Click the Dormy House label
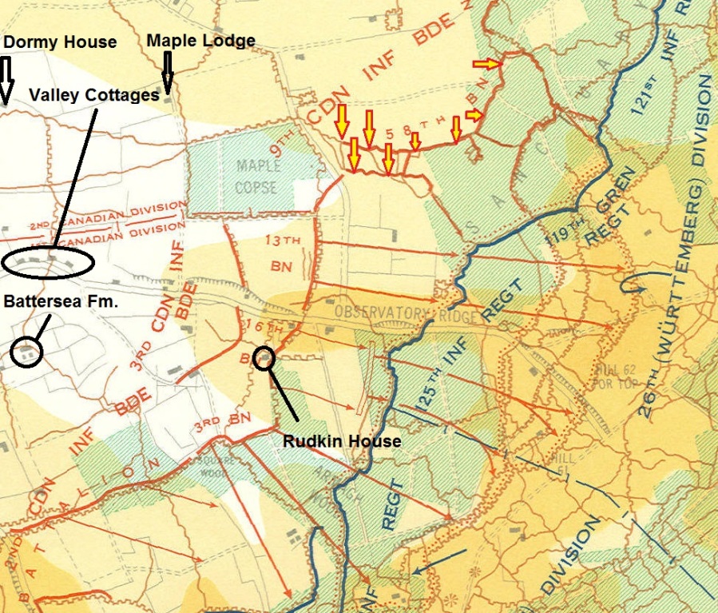[x=59, y=42]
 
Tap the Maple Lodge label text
[x=201, y=40]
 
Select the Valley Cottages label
[x=94, y=95]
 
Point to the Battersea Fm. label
[x=60, y=302]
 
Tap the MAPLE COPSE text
[x=257, y=177]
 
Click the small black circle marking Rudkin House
[x=264, y=358]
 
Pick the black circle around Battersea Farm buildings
[x=27, y=352]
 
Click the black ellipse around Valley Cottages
[x=48, y=262]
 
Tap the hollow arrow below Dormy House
[x=6, y=80]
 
